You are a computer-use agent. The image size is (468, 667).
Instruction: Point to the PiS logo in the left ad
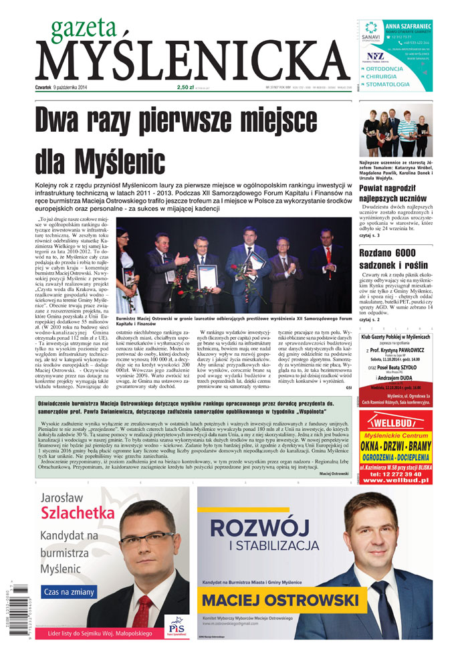(176, 626)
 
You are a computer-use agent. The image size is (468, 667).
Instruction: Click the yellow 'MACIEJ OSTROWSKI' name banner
(280, 597)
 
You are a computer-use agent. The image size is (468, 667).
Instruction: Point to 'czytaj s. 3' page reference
(370, 236)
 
